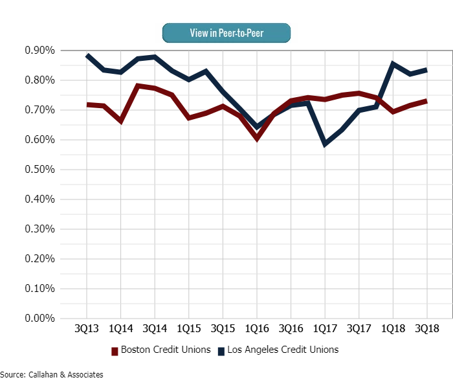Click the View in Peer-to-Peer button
tap(226, 33)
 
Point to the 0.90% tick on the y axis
tap(38, 51)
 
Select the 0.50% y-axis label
tap(38, 170)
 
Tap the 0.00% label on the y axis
tap(38, 319)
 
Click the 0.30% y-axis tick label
tap(38, 229)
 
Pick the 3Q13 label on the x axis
tap(87, 329)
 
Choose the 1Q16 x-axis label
tap(257, 329)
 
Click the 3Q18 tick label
tap(427, 329)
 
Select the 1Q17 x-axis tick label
tap(325, 329)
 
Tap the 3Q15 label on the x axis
tap(223, 329)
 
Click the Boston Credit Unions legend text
tap(166, 350)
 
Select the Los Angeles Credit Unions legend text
tap(282, 350)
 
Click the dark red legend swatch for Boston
tap(115, 350)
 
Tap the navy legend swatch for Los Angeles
tap(221, 350)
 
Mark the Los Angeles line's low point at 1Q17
tap(325, 144)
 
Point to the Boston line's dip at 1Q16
tap(257, 138)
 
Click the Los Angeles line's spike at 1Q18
tap(393, 63)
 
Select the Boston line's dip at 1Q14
tap(121, 120)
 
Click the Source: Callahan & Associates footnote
tap(52, 374)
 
